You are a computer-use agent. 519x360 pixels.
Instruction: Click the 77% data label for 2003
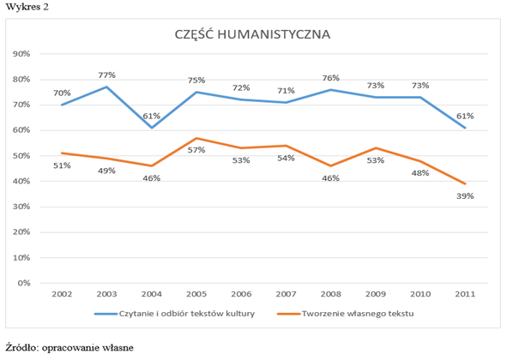point(106,75)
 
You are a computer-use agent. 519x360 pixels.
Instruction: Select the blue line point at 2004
point(151,128)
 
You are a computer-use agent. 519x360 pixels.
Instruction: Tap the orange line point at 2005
point(196,138)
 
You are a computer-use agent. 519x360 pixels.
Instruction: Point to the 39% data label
point(465,196)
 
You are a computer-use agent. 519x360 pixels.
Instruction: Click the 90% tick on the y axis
point(22,54)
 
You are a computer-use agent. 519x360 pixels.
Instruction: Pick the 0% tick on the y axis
point(25,283)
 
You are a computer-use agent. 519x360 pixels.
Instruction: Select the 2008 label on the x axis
point(330,293)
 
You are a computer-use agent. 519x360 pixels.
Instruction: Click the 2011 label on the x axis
point(464,293)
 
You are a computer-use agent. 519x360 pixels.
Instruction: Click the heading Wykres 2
point(23,7)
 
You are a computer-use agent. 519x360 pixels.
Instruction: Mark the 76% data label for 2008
point(331,78)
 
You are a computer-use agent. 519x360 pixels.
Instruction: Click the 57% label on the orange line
point(196,151)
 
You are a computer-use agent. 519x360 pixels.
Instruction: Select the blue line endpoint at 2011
point(464,128)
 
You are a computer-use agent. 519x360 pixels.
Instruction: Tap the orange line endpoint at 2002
point(62,153)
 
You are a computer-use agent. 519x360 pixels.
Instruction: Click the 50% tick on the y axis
point(22,156)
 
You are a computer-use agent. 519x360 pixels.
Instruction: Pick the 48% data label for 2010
point(420,173)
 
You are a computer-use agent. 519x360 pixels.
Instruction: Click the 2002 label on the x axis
point(62,293)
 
